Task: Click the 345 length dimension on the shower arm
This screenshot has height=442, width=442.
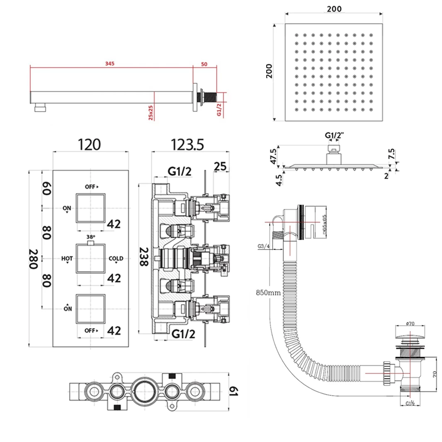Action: pos(109,63)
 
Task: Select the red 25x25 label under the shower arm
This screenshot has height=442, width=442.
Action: pos(151,113)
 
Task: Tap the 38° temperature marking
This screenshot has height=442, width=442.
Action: pos(91,237)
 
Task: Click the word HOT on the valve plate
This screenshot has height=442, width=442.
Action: pos(67,259)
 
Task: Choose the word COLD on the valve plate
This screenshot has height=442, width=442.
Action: pos(116,259)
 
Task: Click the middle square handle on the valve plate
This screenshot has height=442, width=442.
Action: pos(91,258)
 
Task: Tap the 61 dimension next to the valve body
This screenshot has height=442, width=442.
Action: pos(235,391)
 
